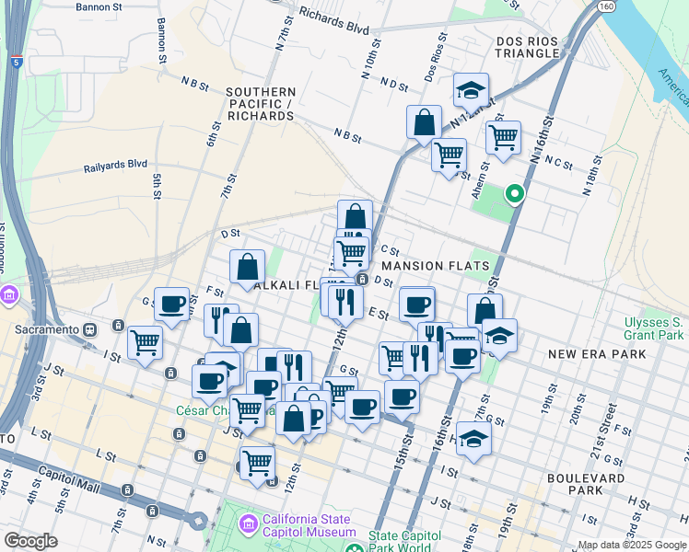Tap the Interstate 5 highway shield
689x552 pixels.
point(18,62)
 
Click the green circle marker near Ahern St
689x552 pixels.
point(515,194)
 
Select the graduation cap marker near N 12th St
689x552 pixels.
point(471,90)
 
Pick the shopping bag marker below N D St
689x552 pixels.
point(424,121)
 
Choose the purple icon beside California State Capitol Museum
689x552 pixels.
point(247,524)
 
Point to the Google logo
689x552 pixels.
point(31,541)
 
